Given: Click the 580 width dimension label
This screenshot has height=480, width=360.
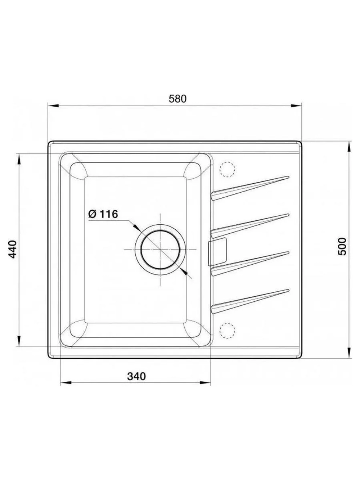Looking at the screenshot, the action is coord(177,99).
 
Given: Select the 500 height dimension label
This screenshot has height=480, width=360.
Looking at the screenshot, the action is coord(342,246).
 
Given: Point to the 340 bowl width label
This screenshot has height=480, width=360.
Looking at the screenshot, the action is coord(136,377).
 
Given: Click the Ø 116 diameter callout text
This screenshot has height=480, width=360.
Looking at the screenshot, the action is coord(103,214).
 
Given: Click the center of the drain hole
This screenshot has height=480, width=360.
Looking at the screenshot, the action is coord(161,250).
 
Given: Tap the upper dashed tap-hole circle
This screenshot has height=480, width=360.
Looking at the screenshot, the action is coord(228,169).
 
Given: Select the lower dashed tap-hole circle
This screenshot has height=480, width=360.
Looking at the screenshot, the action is coord(228,331).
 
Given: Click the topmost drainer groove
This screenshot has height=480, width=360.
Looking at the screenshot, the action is coord(250,188).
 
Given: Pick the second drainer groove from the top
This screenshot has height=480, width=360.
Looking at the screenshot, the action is coord(250,226).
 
